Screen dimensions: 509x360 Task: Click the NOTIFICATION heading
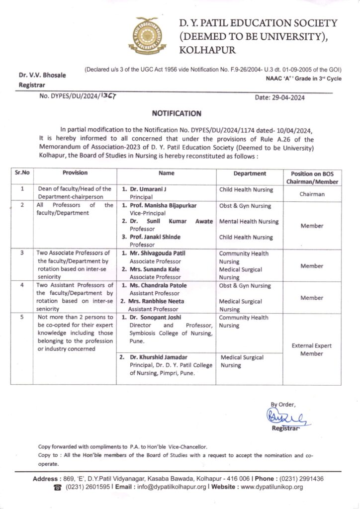pos(180,113)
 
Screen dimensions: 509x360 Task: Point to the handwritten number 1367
pos(108,96)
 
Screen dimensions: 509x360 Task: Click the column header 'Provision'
pos(75,173)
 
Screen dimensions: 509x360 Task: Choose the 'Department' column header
pos(250,173)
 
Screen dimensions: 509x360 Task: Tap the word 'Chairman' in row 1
pos(312,194)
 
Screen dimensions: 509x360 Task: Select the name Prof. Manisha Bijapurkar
pos(160,206)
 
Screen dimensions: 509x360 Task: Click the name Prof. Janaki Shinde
pos(154,237)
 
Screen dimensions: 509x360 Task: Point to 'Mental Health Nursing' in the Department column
pos(249,221)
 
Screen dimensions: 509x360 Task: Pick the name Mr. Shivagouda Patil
pos(158,254)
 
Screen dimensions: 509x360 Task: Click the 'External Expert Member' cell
pos(312,349)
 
